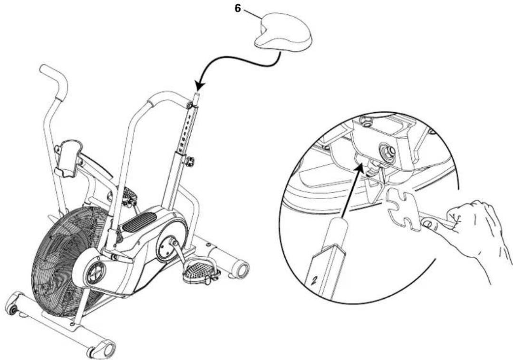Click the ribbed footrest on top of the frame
pyautogui.click(x=141, y=221)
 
